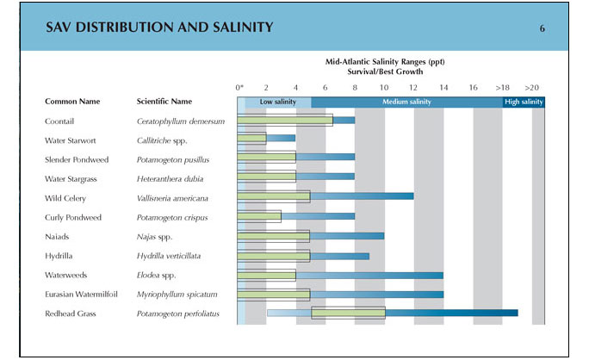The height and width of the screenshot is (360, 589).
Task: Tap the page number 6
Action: [542, 28]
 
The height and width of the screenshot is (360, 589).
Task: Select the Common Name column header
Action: [72, 102]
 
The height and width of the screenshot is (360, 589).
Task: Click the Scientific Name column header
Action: [164, 102]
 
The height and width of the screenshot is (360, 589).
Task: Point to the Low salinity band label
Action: [278, 102]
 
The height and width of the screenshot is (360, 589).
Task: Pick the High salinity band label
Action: [524, 102]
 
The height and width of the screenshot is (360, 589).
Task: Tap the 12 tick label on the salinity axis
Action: [413, 87]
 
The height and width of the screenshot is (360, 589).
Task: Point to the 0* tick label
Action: [240, 87]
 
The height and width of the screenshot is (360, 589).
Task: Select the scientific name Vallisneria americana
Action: [176, 198]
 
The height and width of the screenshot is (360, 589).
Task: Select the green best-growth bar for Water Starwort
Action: [252, 140]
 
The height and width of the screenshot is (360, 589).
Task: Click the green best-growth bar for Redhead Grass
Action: [348, 313]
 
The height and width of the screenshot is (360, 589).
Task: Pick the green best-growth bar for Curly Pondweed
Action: [259, 217]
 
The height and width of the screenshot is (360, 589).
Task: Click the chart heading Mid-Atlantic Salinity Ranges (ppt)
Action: [385, 62]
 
